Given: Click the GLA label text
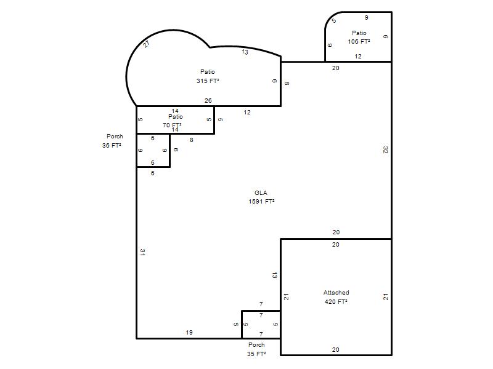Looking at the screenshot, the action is tap(261, 192).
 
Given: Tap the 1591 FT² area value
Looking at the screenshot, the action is tap(261, 202).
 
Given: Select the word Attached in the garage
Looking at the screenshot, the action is tap(336, 293).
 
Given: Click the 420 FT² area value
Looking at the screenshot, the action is tap(336, 301).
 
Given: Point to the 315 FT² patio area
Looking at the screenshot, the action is tap(208, 81).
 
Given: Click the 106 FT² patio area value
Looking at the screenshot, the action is tap(359, 41).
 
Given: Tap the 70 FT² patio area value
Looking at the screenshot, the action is tap(172, 125).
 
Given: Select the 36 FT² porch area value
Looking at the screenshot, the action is tap(112, 145).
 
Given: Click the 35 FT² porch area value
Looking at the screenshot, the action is tap(256, 354).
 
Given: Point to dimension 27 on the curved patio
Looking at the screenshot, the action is tap(146, 44).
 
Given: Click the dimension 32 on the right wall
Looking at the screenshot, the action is tap(386, 150).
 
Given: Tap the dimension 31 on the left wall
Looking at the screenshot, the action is tap(142, 252).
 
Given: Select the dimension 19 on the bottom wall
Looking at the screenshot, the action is tap(189, 332).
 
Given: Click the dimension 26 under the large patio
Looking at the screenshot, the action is tap(208, 100).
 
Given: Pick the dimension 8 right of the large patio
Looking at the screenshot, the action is tap(287, 83).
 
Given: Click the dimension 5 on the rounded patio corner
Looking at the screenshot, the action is tap(334, 21).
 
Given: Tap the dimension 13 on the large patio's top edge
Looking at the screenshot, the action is tap(245, 52).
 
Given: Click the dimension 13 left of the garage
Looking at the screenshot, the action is tap(274, 276).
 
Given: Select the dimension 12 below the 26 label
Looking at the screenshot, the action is tap(247, 112).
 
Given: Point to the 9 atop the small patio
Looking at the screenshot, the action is tap(366, 18).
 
